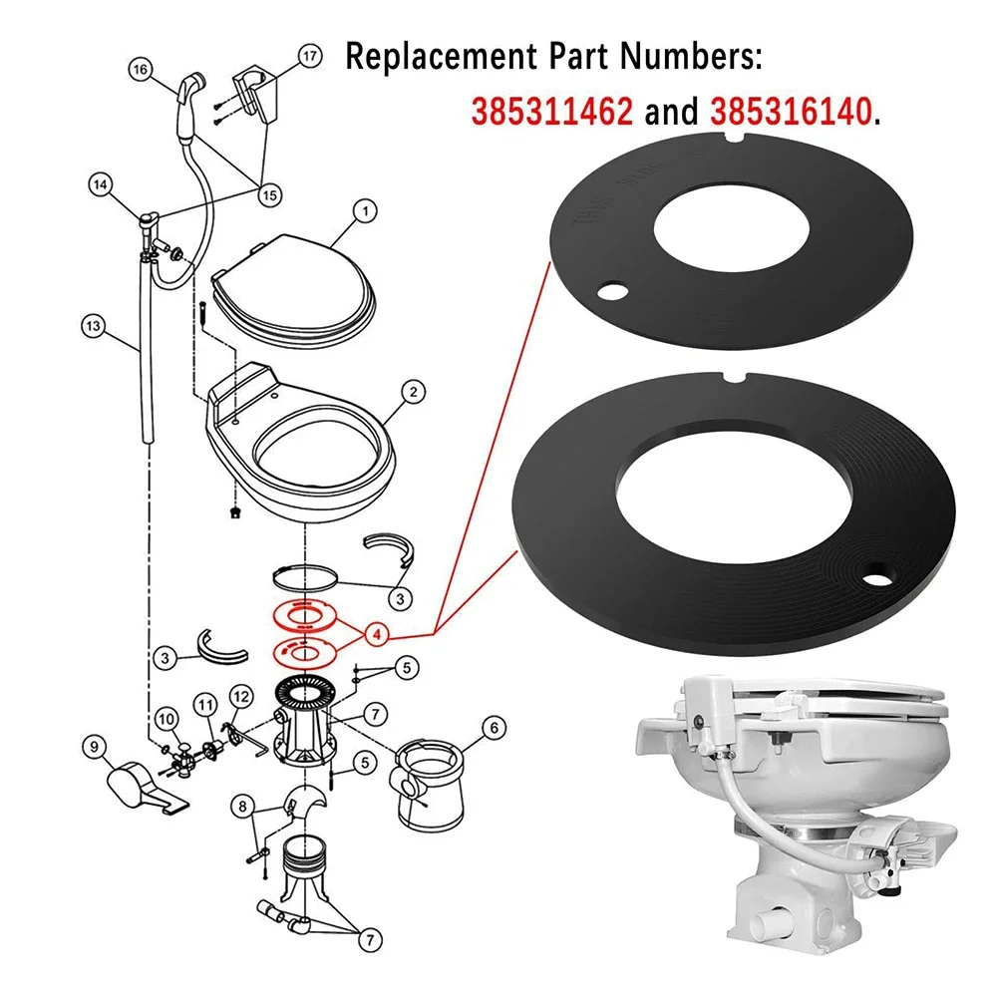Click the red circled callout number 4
[x=376, y=633]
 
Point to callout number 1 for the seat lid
[x=365, y=211]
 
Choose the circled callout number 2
[x=408, y=393]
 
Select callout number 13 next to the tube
[x=93, y=324]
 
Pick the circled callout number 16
[x=140, y=70]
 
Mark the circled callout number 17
[x=310, y=57]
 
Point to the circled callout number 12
[x=241, y=695]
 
